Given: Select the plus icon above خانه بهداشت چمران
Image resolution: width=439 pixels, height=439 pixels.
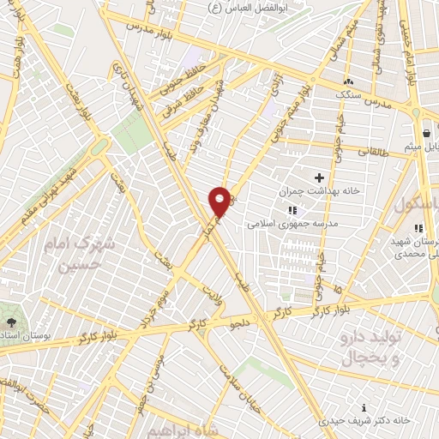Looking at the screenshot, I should [x=319, y=177].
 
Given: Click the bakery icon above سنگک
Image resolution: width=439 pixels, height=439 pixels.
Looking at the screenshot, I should [x=349, y=81].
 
